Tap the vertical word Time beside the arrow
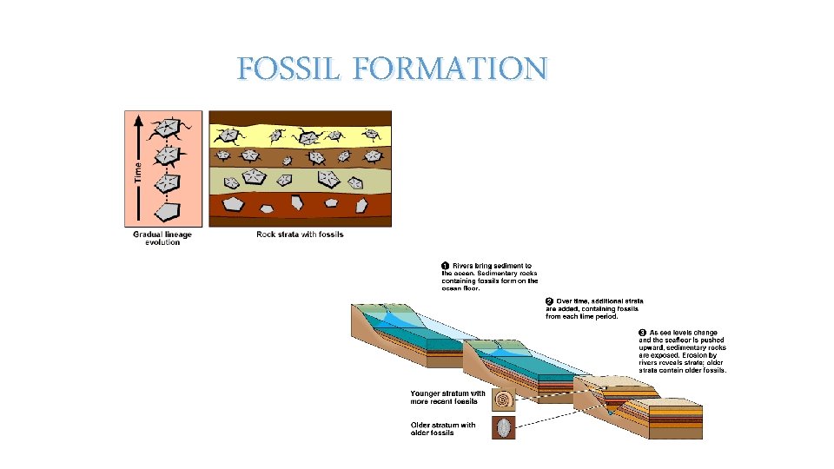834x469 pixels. coord(137,169)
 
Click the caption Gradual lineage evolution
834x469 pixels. coord(162,238)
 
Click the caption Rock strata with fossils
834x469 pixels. coord(300,234)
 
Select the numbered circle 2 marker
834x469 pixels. coord(550,301)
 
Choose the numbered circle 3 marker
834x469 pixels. coord(642,333)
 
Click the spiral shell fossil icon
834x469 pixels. coord(504,399)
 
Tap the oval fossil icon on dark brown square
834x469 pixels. coord(504,427)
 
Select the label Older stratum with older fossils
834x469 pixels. coord(443,428)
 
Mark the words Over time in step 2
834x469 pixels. coord(574,301)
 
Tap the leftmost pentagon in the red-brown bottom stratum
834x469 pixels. coord(232,204)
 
